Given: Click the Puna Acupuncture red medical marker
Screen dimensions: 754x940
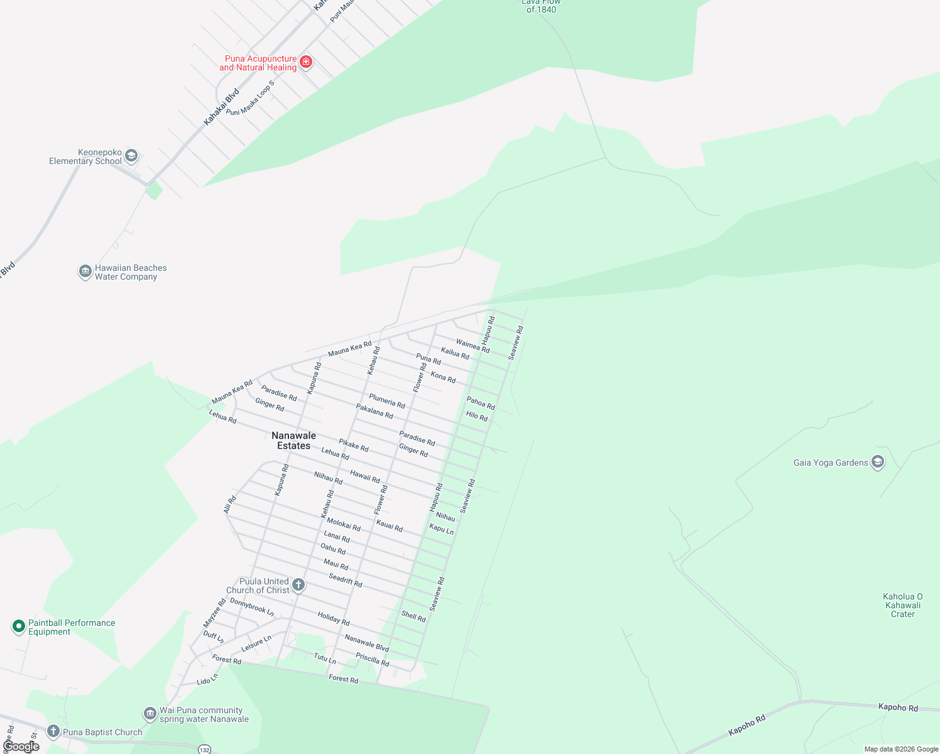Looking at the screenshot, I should (x=306, y=62).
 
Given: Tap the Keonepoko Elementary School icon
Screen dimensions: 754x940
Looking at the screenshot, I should (x=131, y=156).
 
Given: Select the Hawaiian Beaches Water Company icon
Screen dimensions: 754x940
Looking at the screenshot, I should (x=85, y=271).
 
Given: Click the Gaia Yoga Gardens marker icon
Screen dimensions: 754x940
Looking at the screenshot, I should (x=878, y=462).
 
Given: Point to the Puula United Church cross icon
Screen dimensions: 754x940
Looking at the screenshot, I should (x=298, y=585).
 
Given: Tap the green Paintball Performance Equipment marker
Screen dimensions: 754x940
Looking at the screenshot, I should (x=19, y=626).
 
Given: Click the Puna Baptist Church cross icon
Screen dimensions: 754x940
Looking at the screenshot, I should (x=53, y=731).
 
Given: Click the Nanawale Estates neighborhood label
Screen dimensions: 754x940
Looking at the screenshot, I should (x=293, y=440).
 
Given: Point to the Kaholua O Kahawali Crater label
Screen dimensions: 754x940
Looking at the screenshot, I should (x=903, y=605).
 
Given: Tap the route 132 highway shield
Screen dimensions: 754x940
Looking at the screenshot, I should (x=204, y=750).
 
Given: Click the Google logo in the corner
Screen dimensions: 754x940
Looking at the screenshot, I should (x=21, y=746).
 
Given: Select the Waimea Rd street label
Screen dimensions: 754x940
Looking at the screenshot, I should (x=473, y=346).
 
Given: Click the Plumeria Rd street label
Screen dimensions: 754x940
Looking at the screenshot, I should (x=387, y=401).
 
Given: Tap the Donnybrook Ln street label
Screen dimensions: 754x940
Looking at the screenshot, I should (x=252, y=606).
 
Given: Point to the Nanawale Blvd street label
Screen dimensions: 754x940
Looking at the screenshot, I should (x=367, y=643).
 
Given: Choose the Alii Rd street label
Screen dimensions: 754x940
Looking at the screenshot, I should (x=230, y=504).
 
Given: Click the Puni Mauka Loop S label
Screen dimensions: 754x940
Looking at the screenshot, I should (x=251, y=99).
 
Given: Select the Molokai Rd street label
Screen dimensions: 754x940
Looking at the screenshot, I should (x=344, y=524).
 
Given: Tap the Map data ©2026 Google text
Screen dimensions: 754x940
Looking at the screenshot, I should (x=901, y=749).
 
